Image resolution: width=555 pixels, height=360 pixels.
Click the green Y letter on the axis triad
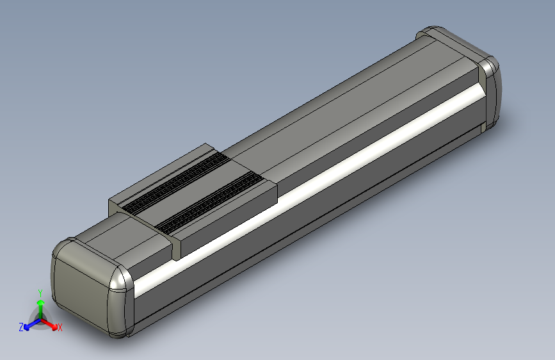click(40, 293)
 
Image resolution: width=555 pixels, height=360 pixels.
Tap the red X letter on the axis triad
click(60, 327)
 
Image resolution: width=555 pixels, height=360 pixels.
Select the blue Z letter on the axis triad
click(21, 327)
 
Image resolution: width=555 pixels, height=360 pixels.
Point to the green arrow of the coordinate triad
click(40, 306)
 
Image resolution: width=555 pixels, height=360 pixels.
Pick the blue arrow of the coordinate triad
click(29, 324)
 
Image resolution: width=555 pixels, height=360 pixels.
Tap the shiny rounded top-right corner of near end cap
click(120, 281)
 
